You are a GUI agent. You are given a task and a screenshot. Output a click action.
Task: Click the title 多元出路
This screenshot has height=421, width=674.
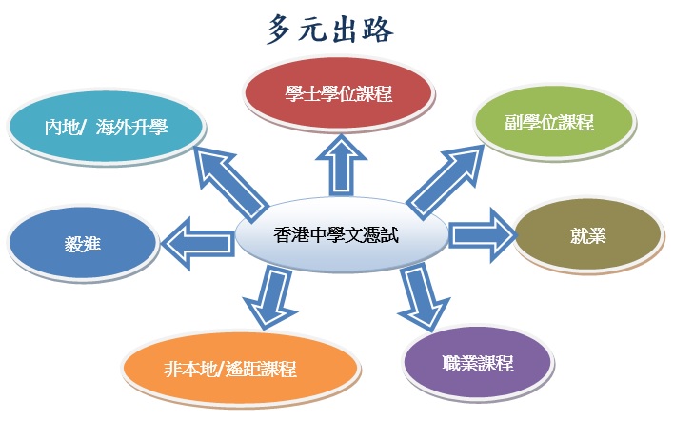coord(330,30)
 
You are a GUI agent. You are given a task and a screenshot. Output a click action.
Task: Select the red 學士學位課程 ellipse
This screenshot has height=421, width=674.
coord(338,93)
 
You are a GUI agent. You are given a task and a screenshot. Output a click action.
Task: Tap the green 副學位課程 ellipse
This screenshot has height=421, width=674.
coord(554,123)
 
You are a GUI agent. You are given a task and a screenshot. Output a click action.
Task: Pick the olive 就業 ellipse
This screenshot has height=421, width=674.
coord(588,235)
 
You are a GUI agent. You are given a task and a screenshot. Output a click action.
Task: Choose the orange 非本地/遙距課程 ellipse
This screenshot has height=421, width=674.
coord(240,369)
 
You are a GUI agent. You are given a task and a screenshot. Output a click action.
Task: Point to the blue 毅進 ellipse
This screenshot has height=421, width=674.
coord(82,243)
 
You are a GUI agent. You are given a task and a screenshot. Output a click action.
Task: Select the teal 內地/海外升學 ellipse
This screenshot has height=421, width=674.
coord(106,128)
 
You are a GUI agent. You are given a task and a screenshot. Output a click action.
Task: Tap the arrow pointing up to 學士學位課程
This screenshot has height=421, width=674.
coord(341,166)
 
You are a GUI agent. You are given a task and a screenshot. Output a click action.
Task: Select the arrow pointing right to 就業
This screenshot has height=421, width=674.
coord(483,235)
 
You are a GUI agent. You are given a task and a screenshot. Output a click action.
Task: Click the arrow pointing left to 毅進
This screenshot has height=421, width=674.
coord(198,244)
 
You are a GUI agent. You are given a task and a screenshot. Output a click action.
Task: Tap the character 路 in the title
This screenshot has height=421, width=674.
coord(377,30)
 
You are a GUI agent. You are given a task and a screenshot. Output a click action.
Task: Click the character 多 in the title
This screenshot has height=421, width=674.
coord(282,30)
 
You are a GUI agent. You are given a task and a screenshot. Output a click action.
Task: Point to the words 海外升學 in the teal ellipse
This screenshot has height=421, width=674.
coord(131,128)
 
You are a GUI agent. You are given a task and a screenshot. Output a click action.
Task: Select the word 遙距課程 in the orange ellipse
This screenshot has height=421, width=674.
coord(262,369)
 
